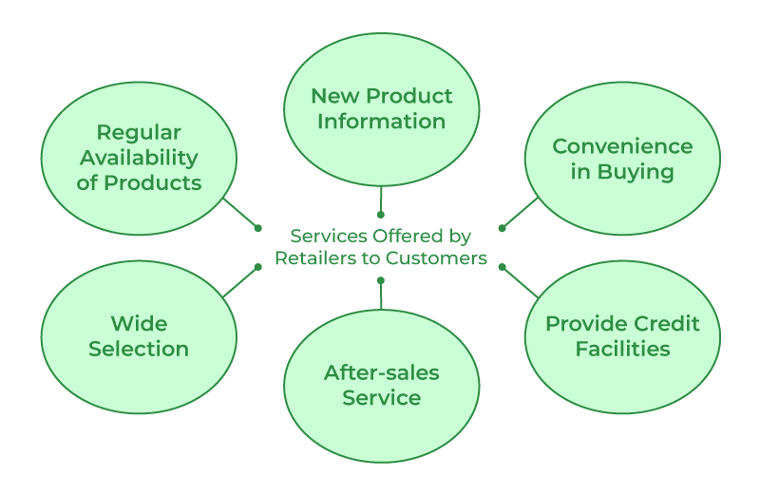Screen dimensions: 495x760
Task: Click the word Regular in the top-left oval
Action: [x=139, y=132]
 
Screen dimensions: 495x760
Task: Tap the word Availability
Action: [x=139, y=157]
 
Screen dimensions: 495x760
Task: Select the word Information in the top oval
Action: [x=381, y=121]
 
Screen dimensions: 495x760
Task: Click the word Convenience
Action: [x=622, y=146]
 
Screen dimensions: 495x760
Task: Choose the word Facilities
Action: [x=622, y=349]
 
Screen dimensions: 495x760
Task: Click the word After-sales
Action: [x=381, y=372]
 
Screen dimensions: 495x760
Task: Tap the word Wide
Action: [x=139, y=323]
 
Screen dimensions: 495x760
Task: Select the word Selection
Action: [x=139, y=349]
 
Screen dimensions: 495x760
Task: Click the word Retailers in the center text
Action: [x=312, y=257]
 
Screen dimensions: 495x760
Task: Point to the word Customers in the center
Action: [x=442, y=257]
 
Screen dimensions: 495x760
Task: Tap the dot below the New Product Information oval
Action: [x=381, y=215]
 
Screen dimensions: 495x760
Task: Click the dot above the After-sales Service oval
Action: [x=381, y=280]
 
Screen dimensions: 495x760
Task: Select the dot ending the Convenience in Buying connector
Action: [x=503, y=228]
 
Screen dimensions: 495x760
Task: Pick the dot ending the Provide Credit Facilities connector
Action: [x=503, y=267]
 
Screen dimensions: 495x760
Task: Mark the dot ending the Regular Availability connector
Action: [x=257, y=228]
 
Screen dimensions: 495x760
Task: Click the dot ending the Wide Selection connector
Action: [x=257, y=267]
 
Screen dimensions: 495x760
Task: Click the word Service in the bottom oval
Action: [x=381, y=397]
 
